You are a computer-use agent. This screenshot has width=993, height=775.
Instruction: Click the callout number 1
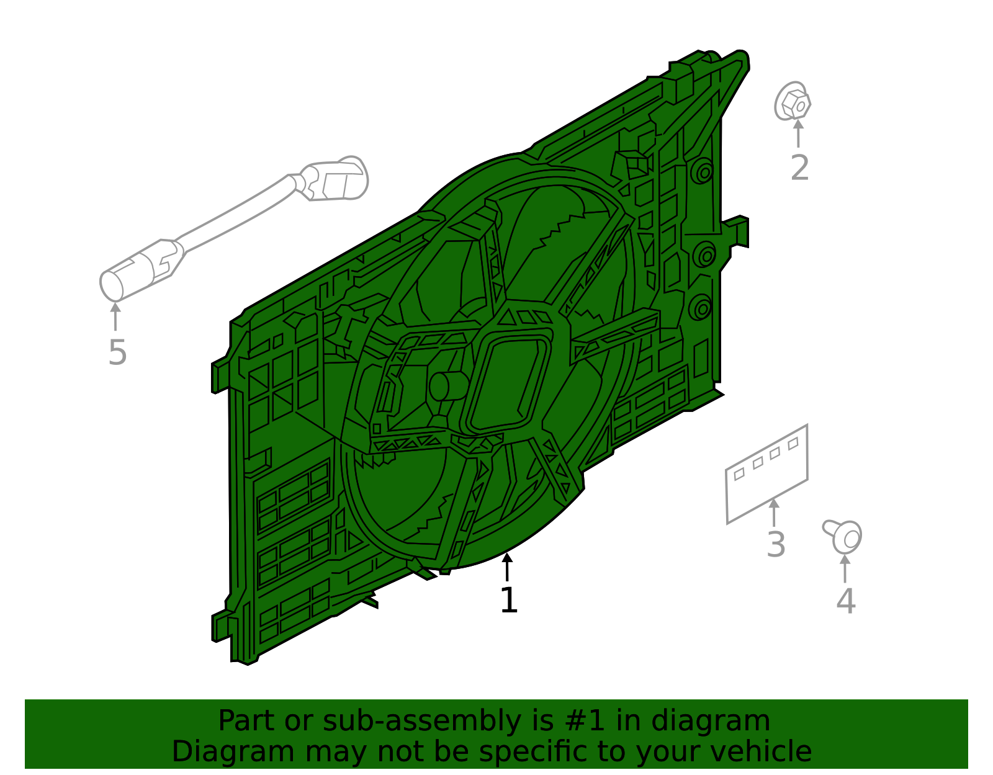(508, 600)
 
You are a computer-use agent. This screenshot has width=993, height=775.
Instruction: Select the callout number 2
(799, 168)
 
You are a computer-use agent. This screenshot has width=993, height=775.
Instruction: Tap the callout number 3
(776, 544)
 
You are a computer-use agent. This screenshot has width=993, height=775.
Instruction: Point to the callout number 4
(845, 601)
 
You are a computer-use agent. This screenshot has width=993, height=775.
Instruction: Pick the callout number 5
(117, 352)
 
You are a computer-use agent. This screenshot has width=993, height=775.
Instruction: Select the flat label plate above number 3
(767, 474)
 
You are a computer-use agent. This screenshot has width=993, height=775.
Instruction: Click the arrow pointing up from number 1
(508, 566)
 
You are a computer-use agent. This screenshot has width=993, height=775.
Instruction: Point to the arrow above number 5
(115, 316)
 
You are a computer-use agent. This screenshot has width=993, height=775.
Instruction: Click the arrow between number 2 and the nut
(798, 132)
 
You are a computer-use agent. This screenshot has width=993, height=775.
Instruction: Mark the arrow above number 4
(845, 567)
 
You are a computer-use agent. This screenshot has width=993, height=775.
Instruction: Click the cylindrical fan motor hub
(448, 386)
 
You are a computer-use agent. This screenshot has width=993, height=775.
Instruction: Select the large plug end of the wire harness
(338, 180)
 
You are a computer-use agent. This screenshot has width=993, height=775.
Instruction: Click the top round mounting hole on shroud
(703, 171)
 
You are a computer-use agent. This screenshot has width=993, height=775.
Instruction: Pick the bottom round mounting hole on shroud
(701, 307)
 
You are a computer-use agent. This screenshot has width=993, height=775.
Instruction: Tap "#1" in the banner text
(583, 721)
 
